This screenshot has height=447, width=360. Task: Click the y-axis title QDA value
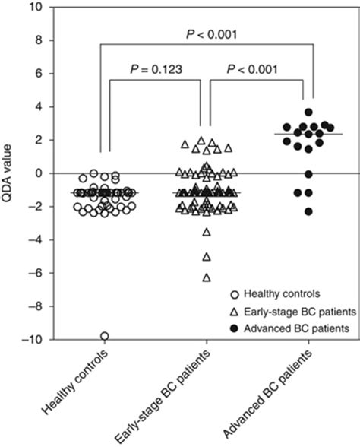pos(10,173)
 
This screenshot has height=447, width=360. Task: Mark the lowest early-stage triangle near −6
pos(206,277)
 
